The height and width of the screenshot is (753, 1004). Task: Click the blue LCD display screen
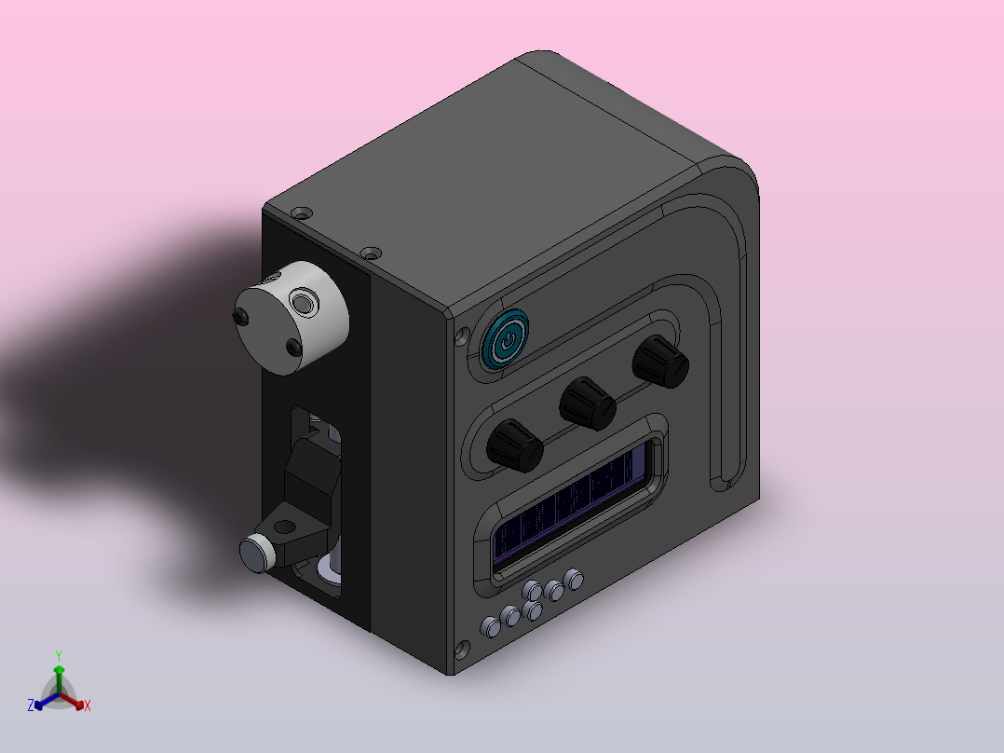click(x=574, y=507)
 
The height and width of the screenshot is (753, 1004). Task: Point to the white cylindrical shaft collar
click(x=292, y=317)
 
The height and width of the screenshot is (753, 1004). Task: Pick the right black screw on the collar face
click(x=296, y=349)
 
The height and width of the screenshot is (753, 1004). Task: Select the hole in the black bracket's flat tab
click(x=283, y=526)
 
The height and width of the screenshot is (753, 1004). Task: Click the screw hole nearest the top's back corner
click(x=299, y=213)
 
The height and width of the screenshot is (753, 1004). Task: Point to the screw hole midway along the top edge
click(x=372, y=253)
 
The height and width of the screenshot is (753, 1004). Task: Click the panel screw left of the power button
click(x=461, y=337)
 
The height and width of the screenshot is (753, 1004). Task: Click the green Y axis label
click(x=59, y=655)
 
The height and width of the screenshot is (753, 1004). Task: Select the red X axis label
click(x=88, y=706)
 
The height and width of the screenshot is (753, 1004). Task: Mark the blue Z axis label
click(x=31, y=706)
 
